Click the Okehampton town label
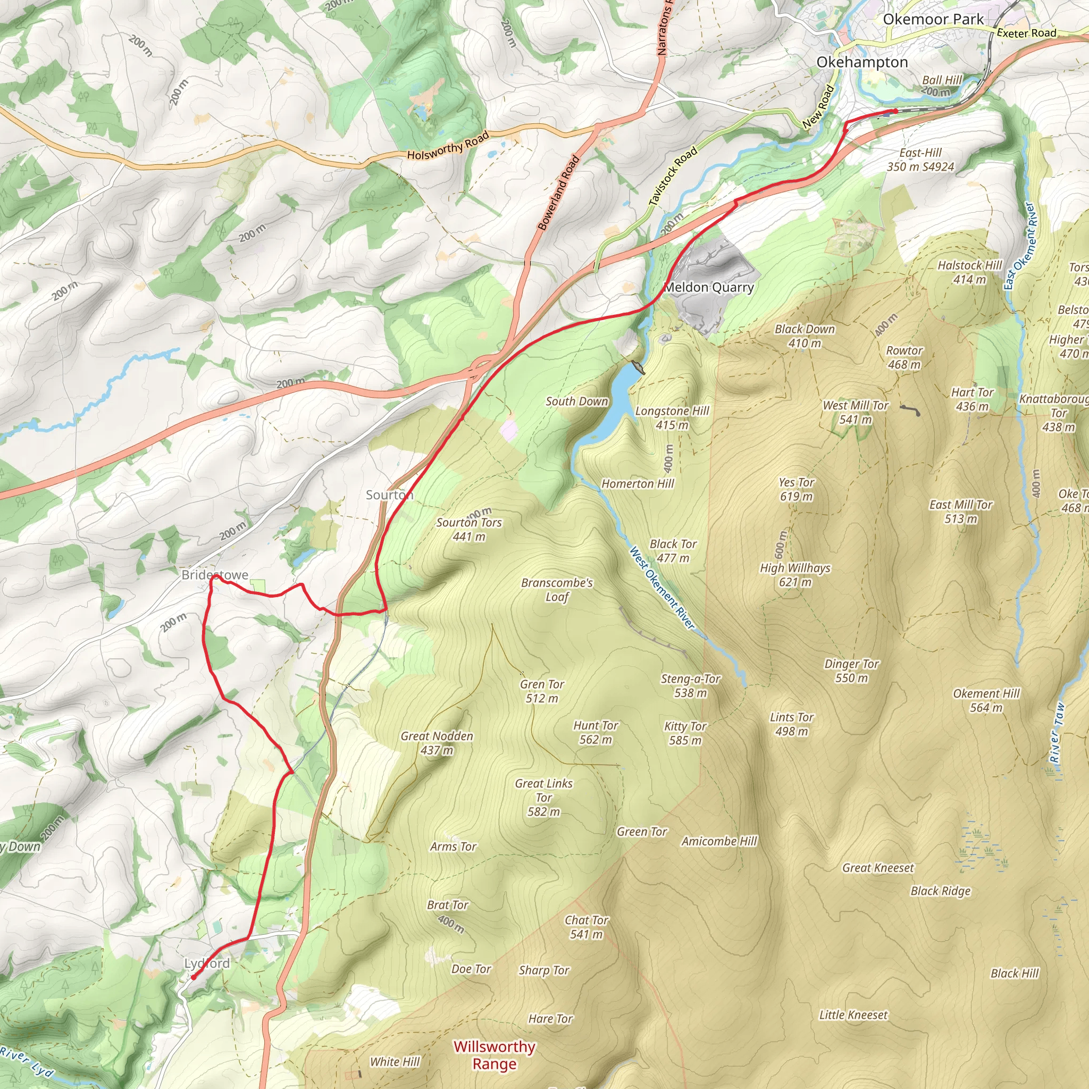pyautogui.click(x=862, y=62)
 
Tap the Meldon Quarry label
pyautogui.click(x=709, y=288)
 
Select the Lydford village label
pyautogui.click(x=207, y=964)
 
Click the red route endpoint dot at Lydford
pyautogui.click(x=194, y=977)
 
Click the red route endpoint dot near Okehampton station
pyautogui.click(x=895, y=111)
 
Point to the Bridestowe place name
pyautogui.click(x=215, y=575)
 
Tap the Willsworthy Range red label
pyautogui.click(x=495, y=1055)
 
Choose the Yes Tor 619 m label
pyautogui.click(x=796, y=489)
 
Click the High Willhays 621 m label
pyautogui.click(x=795, y=575)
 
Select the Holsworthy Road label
pyautogui.click(x=448, y=146)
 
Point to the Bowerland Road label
pyautogui.click(x=559, y=193)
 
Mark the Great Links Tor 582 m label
pyautogui.click(x=543, y=798)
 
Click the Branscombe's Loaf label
pyautogui.click(x=557, y=590)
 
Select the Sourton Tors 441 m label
pyautogui.click(x=468, y=529)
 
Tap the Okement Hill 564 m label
pyautogui.click(x=986, y=700)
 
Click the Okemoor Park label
pyautogui.click(x=933, y=19)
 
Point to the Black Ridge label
pyautogui.click(x=940, y=891)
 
